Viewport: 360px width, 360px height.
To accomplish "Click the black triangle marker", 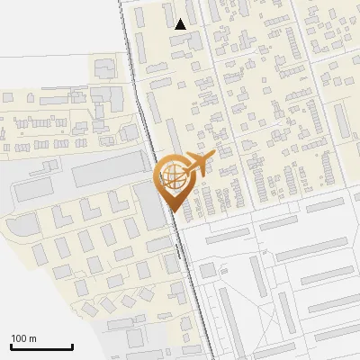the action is tap(181, 24).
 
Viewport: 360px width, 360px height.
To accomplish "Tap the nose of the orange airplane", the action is tap(214, 157).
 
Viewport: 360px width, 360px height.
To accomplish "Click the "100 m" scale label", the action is tap(24, 338).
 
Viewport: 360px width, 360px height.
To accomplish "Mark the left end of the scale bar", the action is tap(11, 346).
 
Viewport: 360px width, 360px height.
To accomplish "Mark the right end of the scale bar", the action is tap(72, 346).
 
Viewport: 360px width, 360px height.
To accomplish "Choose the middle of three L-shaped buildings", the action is tap(90, 209).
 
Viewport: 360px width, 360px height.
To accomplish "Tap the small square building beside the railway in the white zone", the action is tap(207, 269).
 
